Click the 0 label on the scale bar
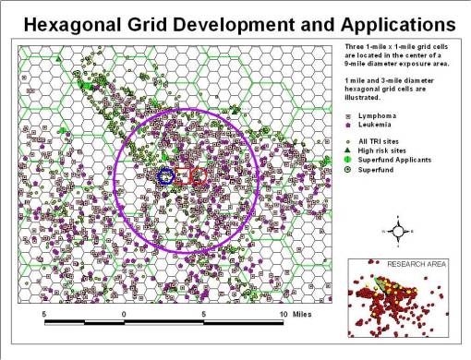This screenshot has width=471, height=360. (124, 314)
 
